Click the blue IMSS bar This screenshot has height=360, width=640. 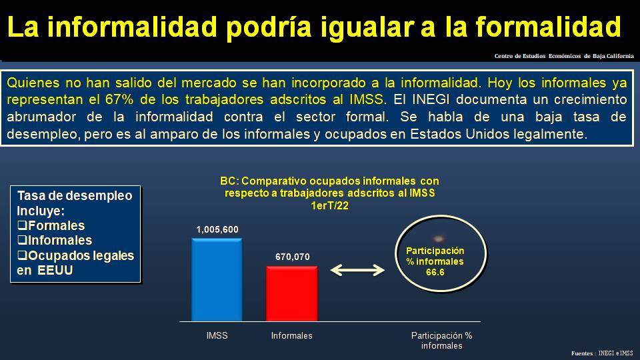click(x=217, y=280)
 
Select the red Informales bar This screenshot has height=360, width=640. click(x=292, y=293)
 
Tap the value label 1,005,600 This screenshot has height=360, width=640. click(x=217, y=230)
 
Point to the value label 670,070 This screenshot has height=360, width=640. click(x=293, y=257)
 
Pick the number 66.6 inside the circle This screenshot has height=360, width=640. click(x=435, y=271)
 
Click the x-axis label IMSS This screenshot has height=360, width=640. click(x=217, y=335)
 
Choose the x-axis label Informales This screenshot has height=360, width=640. click(x=291, y=335)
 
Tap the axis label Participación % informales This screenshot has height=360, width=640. click(x=441, y=341)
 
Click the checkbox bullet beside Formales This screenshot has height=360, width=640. click(x=22, y=226)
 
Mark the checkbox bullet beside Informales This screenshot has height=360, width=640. click(x=22, y=241)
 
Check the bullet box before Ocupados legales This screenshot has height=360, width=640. click(x=22, y=256)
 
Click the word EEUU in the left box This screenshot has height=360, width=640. click(x=55, y=271)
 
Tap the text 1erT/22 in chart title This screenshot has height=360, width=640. click(x=329, y=206)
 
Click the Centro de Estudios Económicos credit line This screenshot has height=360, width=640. click(x=564, y=56)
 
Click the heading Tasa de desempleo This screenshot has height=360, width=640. click(x=75, y=196)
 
